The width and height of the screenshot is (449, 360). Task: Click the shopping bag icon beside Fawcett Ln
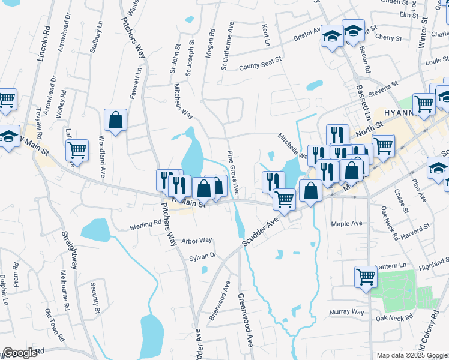[115, 119]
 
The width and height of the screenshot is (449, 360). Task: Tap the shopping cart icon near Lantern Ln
[365, 277]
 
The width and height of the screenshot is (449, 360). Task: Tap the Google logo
[20, 353]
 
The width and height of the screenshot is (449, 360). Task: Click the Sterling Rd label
[146, 224]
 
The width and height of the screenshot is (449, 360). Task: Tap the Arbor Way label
[197, 240]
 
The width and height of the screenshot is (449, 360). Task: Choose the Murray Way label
[347, 312]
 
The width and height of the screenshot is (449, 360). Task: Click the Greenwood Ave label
[245, 320]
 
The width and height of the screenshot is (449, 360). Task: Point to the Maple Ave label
[348, 223]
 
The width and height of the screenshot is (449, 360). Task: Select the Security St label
[95, 299]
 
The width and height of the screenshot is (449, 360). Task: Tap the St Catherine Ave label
[227, 47]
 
